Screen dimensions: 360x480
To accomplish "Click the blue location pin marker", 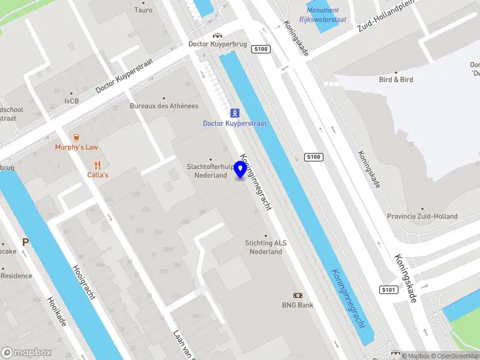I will [241, 169].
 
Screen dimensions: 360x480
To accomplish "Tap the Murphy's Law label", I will [76, 147].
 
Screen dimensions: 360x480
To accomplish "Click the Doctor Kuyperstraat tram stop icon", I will [235, 113].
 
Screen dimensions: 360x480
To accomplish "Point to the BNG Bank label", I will [298, 305].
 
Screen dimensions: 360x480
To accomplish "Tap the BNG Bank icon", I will [297, 295].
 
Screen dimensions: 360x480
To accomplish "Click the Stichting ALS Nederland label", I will [266, 247].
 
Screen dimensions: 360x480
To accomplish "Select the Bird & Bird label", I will [395, 79].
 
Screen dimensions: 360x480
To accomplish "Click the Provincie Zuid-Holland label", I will [422, 217].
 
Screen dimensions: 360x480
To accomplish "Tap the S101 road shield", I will [388, 290].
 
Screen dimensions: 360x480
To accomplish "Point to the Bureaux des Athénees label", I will [164, 106].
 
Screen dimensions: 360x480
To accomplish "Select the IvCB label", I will [71, 101].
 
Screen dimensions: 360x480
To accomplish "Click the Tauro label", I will [143, 10].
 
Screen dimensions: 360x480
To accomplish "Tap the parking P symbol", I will [25, 242].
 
